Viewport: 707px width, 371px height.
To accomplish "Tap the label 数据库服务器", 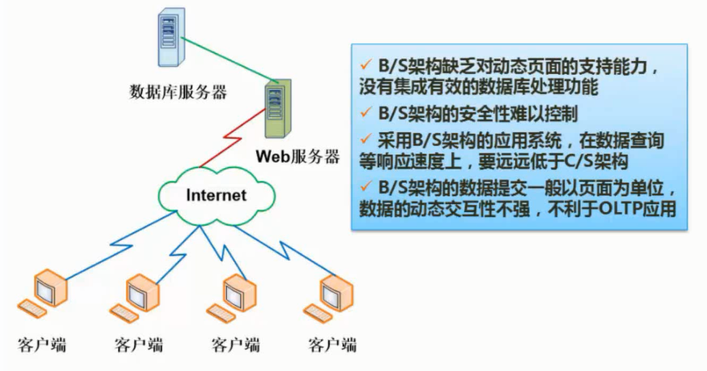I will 177,92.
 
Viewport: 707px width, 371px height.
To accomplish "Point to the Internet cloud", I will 216,194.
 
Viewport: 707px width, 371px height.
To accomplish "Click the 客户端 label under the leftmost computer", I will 41,346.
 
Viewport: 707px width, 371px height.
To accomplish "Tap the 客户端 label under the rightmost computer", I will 331,346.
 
